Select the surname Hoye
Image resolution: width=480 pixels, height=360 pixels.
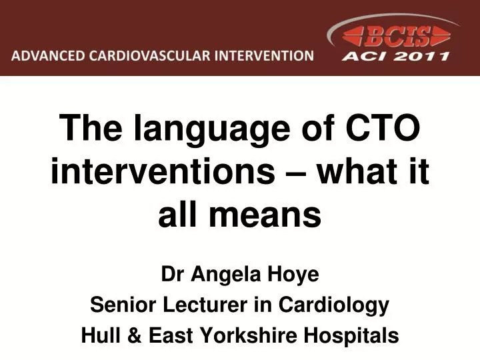(x=294, y=273)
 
